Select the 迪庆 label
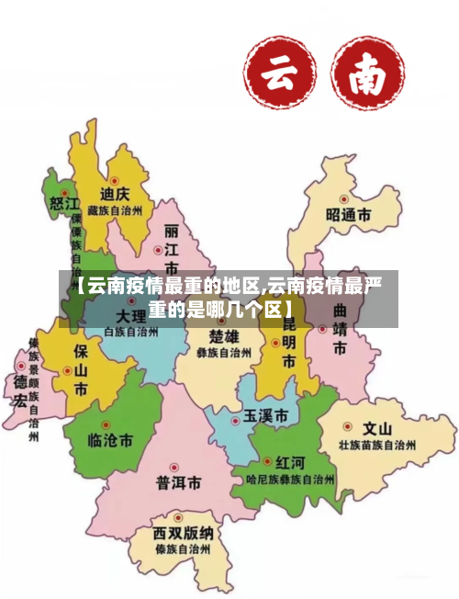(115, 195)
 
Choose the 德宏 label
(20, 390)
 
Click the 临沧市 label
(109, 441)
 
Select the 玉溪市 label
(265, 415)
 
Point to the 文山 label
(377, 428)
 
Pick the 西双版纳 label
(184, 534)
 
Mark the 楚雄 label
(223, 333)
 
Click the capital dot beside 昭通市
(343, 198)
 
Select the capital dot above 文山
(348, 426)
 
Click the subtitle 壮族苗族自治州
(377, 445)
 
